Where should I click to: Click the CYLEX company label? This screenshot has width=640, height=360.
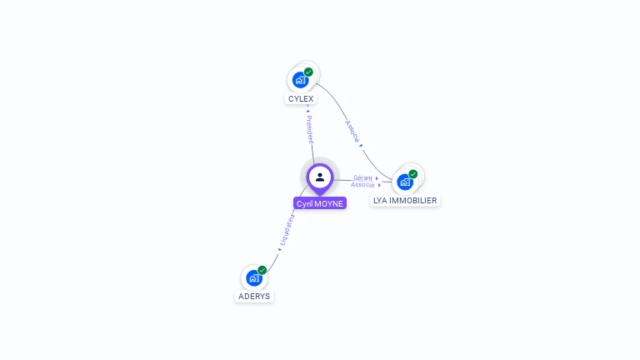(301, 98)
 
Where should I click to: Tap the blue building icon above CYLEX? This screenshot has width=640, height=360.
(300, 81)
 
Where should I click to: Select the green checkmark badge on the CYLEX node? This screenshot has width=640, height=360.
(308, 72)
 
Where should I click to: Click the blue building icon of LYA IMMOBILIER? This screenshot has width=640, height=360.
(404, 182)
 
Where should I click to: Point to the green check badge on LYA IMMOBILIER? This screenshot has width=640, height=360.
(412, 174)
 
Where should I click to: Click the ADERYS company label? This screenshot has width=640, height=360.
(254, 296)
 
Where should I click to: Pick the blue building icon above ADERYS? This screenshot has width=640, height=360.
(253, 278)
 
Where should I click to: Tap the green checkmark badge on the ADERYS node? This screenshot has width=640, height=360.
(262, 270)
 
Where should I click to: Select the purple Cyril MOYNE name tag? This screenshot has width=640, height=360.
(320, 203)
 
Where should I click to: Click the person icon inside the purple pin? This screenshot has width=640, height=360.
(320, 177)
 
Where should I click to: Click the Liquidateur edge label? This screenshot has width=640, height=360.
(287, 232)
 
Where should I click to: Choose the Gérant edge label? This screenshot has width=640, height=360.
(362, 177)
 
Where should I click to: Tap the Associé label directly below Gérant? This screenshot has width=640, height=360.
(362, 184)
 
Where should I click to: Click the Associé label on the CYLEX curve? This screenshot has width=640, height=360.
(352, 132)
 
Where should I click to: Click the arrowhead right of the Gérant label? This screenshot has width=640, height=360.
(377, 177)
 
